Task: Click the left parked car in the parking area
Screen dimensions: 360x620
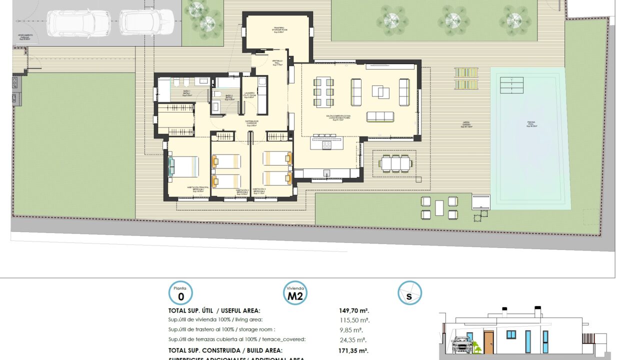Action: [x=78, y=23]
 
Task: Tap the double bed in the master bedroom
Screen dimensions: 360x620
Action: [x=183, y=166]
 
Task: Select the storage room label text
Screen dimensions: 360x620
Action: [x=278, y=29]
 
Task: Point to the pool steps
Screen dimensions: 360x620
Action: [x=511, y=85]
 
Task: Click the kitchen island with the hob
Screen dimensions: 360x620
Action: [x=327, y=144]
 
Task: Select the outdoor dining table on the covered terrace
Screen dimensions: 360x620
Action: [x=395, y=163]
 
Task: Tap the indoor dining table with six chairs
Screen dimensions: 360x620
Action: [x=322, y=92]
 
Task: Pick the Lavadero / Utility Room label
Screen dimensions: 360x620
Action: [x=249, y=95]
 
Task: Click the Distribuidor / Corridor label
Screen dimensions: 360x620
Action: [x=251, y=123]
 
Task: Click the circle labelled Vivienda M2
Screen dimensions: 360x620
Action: [x=295, y=293]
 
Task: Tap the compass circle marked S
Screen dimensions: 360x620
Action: [x=409, y=293]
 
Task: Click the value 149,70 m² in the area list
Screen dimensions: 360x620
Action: [x=354, y=310]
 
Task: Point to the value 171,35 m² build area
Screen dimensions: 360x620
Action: [x=353, y=350]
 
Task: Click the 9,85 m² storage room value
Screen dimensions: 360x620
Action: [x=350, y=330]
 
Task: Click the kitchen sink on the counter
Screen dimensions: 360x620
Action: [x=326, y=173]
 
